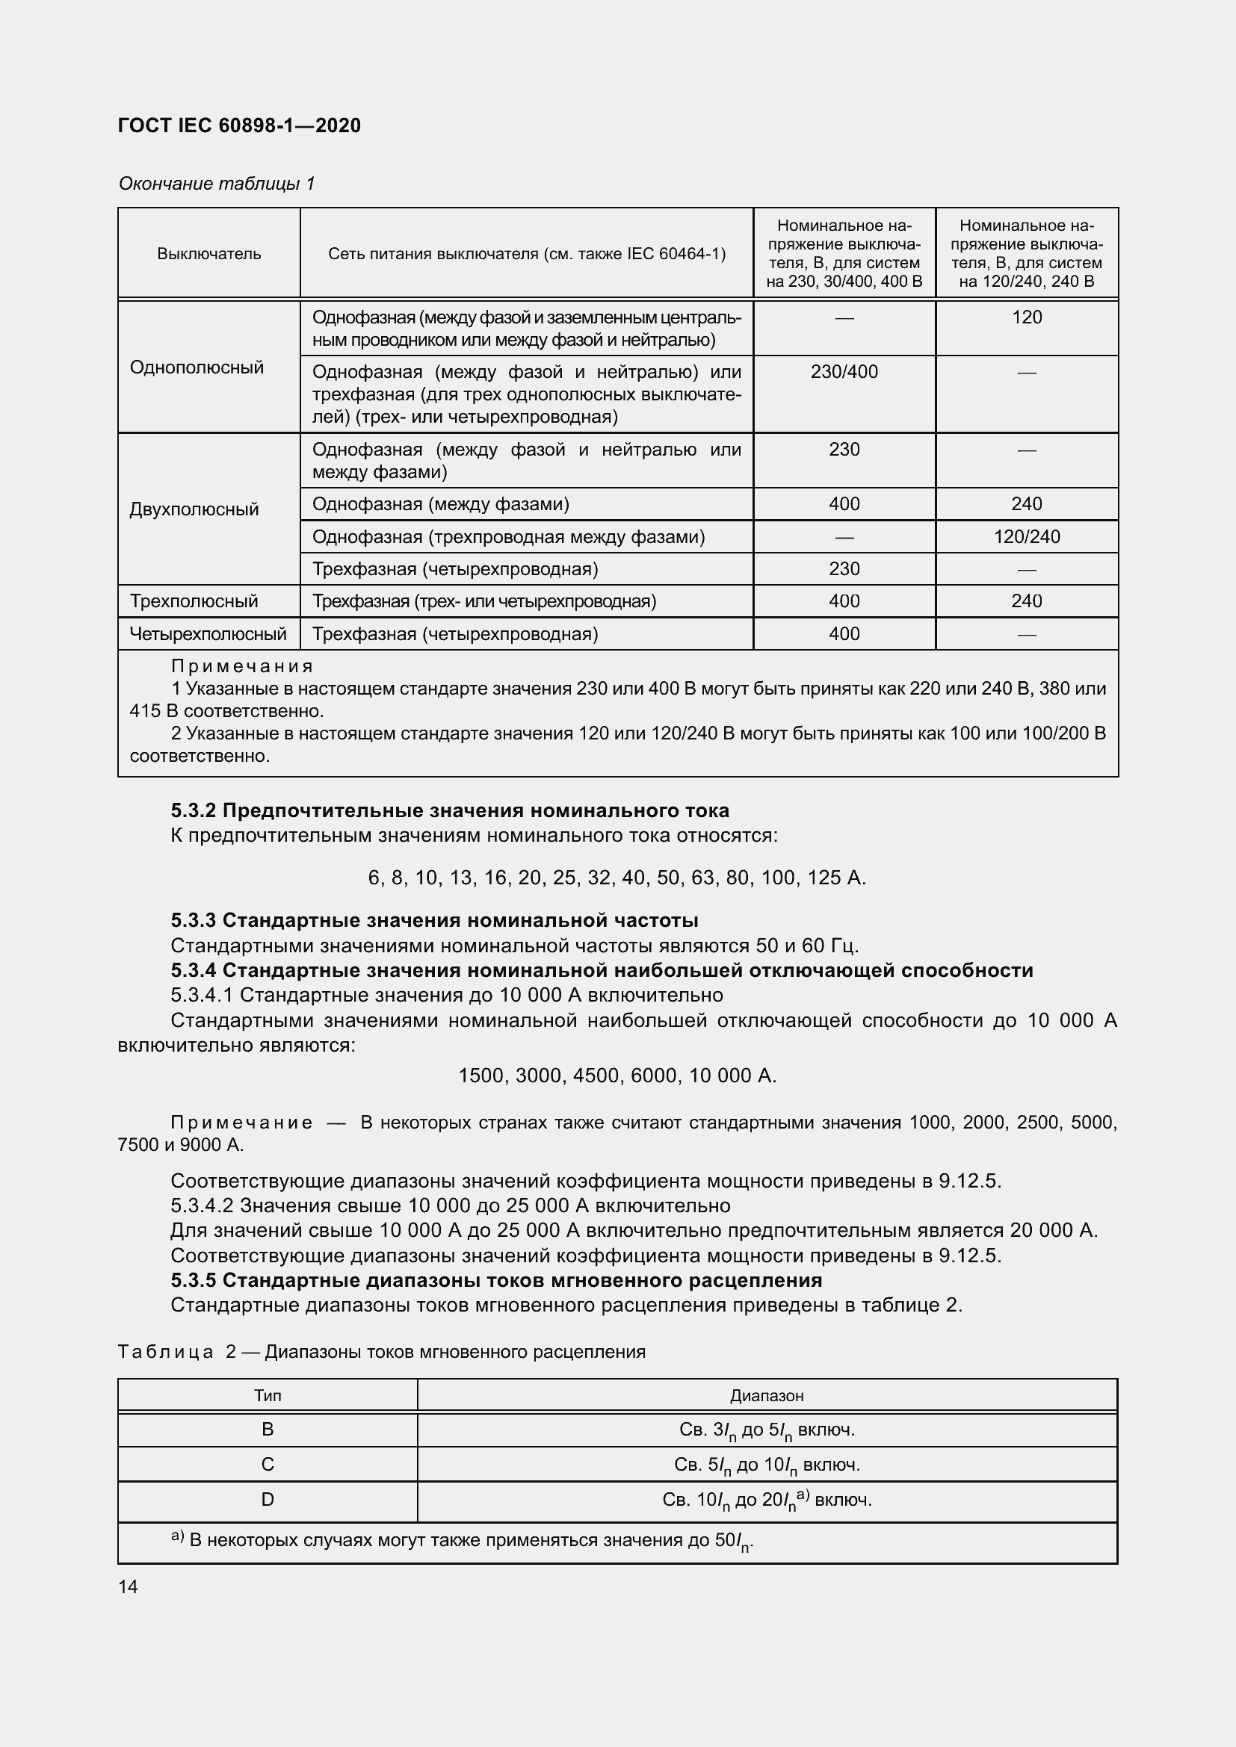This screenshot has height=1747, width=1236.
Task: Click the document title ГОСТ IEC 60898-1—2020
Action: click(x=239, y=125)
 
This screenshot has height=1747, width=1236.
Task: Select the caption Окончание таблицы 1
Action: click(x=216, y=184)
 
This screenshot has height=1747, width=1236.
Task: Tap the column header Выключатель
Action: click(x=208, y=253)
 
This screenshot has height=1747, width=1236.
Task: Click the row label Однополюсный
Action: click(x=197, y=367)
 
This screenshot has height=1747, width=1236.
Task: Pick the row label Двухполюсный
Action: click(x=194, y=509)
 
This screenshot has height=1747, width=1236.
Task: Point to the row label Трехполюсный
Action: click(x=194, y=601)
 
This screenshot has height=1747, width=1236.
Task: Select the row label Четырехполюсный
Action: click(x=208, y=634)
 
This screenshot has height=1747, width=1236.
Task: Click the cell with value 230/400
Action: click(x=844, y=372)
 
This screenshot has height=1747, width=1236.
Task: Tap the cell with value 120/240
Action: click(x=1026, y=537)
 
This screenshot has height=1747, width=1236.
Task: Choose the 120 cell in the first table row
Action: click(x=1026, y=317)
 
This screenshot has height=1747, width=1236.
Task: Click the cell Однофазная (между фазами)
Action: click(x=440, y=504)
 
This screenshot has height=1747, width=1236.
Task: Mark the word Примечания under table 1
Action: click(x=241, y=666)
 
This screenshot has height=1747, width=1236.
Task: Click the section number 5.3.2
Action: click(x=194, y=810)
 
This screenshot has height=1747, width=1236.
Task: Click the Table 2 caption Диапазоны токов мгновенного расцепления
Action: click(x=454, y=1352)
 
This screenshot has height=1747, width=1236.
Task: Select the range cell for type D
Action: click(x=767, y=1500)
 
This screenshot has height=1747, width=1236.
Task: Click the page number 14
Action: click(x=128, y=1587)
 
